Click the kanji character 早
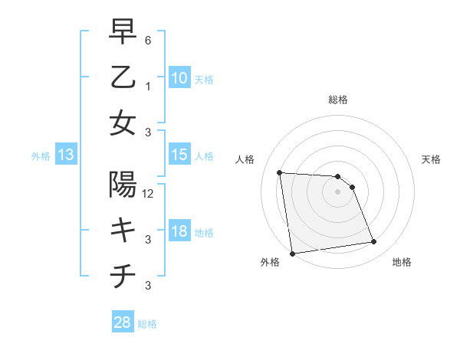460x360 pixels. [123, 33]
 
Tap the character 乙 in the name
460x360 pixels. [123, 77]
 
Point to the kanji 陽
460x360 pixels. [123, 185]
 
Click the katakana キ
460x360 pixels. [123, 230]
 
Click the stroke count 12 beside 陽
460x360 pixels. [149, 193]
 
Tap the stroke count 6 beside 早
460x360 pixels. [148, 40]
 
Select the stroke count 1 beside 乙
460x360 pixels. [148, 85]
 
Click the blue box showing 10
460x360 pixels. [179, 77]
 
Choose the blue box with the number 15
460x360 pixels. [179, 155]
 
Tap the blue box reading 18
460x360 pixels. [179, 231]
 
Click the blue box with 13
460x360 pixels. [65, 155]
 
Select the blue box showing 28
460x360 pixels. [122, 322]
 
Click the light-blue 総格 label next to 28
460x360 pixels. [147, 324]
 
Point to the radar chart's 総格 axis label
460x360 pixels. [337, 100]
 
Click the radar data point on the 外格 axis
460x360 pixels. [292, 253]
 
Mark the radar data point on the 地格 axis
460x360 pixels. [373, 242]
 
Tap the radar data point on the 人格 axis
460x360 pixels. [280, 172]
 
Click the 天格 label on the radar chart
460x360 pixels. [432, 159]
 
